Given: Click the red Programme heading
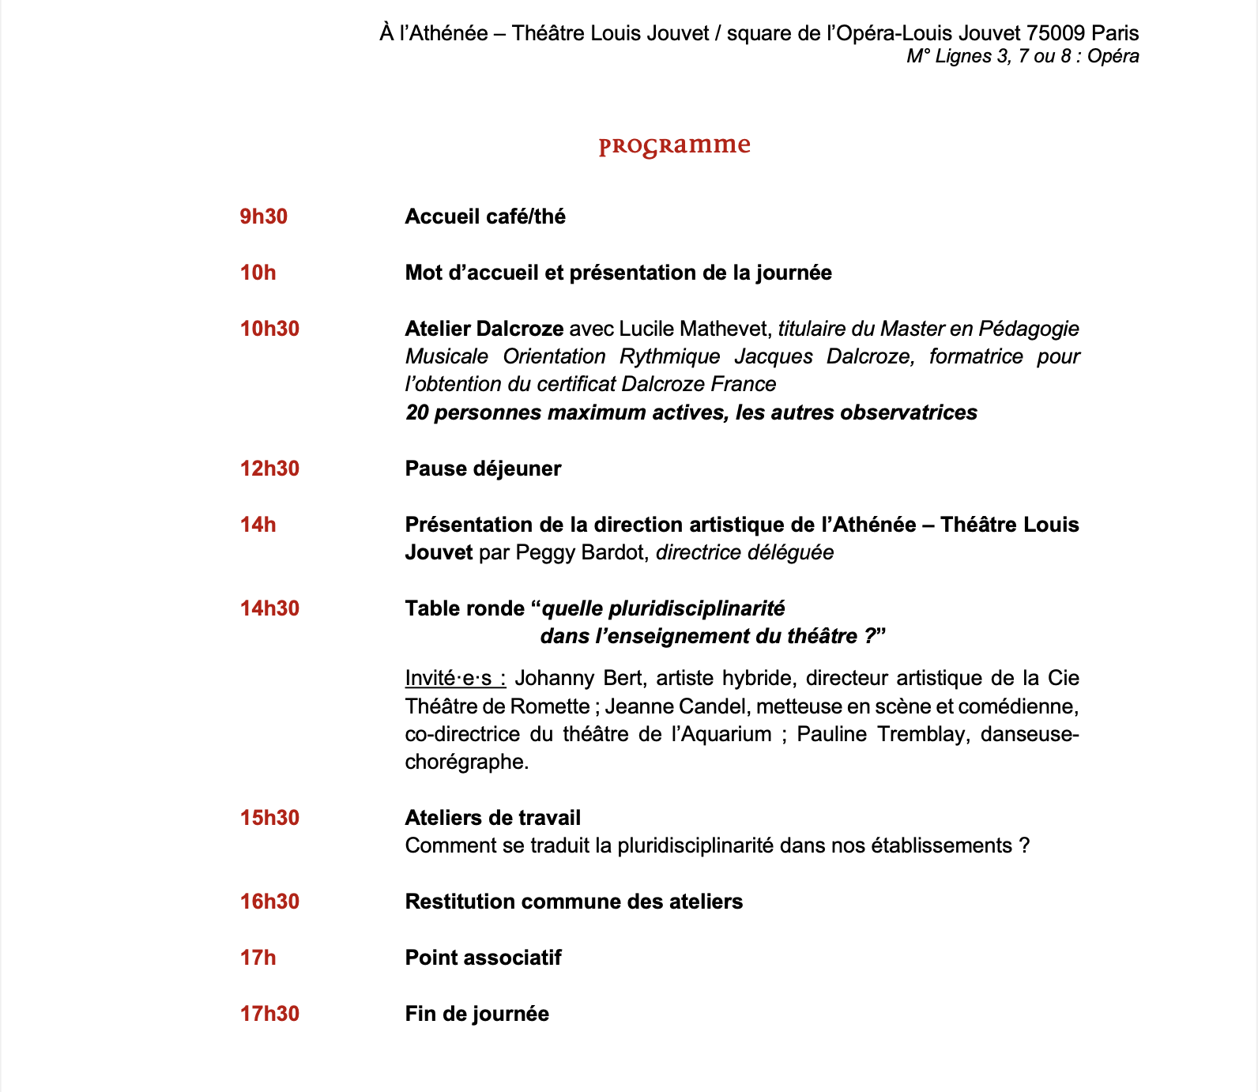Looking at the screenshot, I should click(674, 146).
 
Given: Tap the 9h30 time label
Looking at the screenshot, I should click(263, 217).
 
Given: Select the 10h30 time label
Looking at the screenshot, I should click(269, 329).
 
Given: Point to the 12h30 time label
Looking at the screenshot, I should click(269, 469).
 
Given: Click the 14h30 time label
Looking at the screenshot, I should click(269, 608).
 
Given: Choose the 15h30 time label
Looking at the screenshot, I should click(269, 818).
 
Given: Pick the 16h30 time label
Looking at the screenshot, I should click(269, 902).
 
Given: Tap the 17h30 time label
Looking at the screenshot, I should click(269, 1014).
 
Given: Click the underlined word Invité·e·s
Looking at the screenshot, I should click(454, 679).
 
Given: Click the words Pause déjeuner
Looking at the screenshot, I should click(483, 469).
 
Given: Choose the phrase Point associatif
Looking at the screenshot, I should click(483, 958).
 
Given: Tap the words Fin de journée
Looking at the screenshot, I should click(476, 1014).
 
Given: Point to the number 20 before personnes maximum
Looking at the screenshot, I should click(416, 412).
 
